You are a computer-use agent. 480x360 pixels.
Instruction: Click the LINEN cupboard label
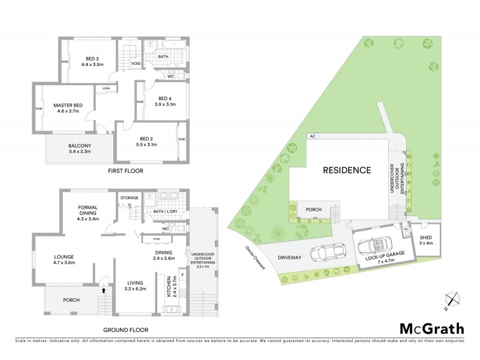[x=106, y=89]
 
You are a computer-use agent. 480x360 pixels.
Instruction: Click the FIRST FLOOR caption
[x=126, y=171]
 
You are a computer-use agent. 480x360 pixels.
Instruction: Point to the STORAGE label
[x=129, y=197]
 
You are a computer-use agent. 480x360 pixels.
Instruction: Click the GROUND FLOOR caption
[x=126, y=330]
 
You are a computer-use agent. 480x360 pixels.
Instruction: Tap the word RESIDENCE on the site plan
[x=347, y=170]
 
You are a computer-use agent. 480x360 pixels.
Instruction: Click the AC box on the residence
[x=312, y=136]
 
